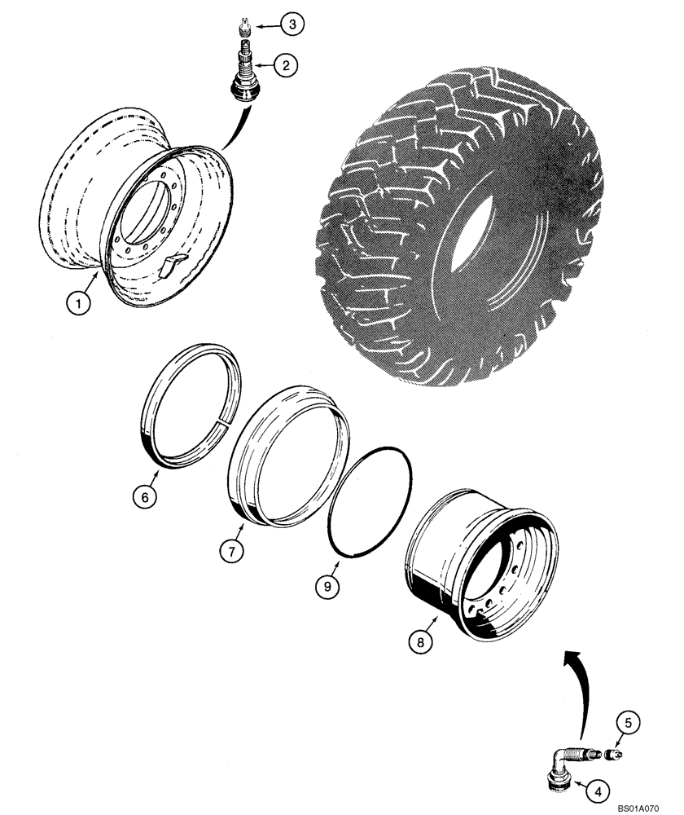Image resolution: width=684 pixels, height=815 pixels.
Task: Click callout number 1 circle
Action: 78,306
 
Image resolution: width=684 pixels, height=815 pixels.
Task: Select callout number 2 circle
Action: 284,66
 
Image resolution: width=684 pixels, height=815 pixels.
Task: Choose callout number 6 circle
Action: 144,496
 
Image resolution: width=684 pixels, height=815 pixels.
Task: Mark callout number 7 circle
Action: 230,551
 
